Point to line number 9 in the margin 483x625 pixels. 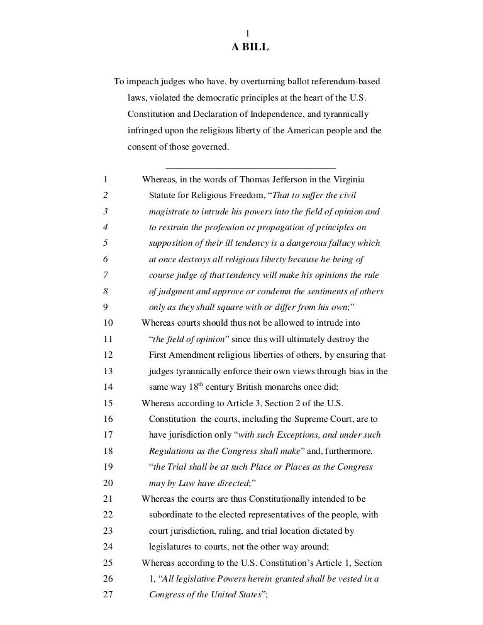(104, 308)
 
